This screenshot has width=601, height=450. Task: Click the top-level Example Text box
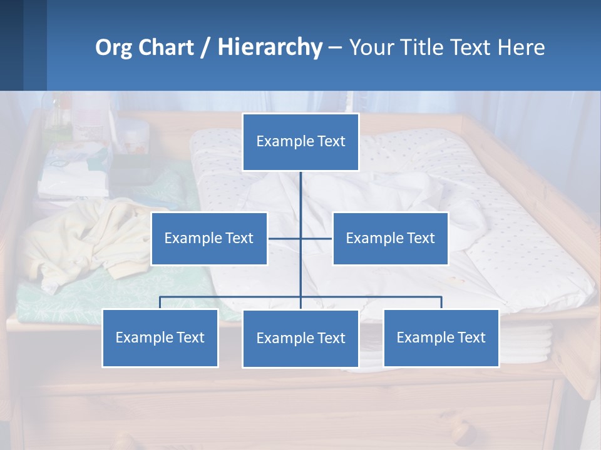coord(300,142)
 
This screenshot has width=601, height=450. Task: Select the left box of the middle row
coord(209,239)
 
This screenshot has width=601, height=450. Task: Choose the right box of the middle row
coord(390,239)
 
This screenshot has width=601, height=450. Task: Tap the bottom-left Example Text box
coord(160,338)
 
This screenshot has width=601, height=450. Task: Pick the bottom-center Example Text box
coord(300,339)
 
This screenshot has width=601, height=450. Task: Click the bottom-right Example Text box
coord(441,338)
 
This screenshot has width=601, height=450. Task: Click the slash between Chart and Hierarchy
coord(206,47)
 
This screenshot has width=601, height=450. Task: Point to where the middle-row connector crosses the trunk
coord(300,239)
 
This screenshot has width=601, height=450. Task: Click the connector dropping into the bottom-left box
coord(160,302)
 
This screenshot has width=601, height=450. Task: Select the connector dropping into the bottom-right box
coord(441,302)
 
